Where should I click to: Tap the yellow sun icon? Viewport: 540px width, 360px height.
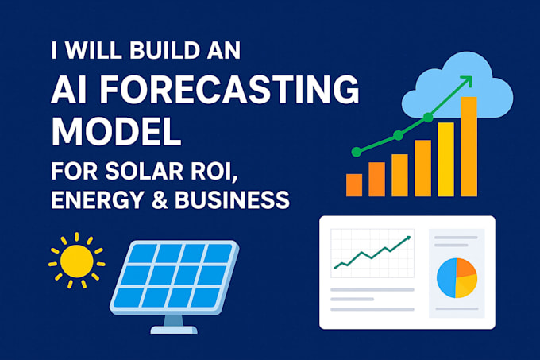pos(77,260)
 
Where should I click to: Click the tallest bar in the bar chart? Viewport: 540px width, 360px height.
pos(469,146)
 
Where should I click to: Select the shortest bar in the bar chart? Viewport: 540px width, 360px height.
pos(354,184)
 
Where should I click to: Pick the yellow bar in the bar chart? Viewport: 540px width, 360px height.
pos(445,159)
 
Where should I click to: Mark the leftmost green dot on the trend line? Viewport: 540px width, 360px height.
pos(357,150)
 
